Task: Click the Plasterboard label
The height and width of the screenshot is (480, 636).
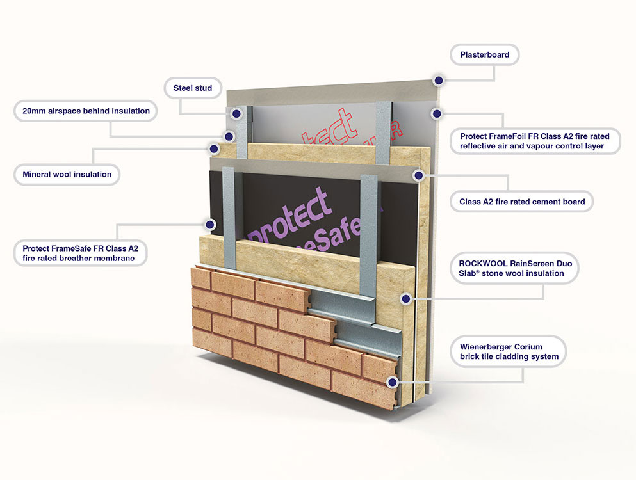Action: [484, 55]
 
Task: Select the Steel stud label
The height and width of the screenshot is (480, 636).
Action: [193, 88]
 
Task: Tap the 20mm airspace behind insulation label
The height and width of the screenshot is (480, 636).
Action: [85, 111]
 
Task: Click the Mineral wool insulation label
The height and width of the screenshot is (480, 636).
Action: [67, 174]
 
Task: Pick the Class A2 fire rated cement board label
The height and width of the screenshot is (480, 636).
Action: [522, 202]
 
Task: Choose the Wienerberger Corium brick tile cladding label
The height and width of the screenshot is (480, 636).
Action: [509, 351]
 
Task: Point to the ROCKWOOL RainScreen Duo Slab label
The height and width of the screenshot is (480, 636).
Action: [511, 268]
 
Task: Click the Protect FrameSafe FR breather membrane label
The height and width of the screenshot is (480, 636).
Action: [80, 252]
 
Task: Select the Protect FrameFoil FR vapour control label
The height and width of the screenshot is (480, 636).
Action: [534, 141]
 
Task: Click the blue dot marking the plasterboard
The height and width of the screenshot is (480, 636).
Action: [438, 80]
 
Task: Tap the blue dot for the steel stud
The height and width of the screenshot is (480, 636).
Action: [236, 114]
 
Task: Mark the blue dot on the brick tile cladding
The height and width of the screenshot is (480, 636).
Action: [391, 382]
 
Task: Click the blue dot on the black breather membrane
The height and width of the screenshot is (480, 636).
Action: [209, 224]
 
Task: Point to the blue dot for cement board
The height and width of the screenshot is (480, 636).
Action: [418, 174]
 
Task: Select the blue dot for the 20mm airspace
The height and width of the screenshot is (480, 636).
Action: [228, 136]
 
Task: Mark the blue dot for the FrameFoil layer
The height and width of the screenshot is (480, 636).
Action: [436, 114]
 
